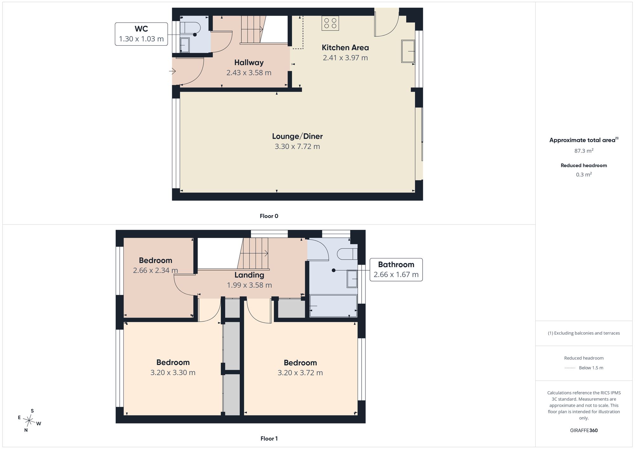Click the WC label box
tap(141, 34)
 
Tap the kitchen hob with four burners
tap(330, 23)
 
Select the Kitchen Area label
tap(345, 48)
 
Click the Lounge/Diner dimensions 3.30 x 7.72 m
tap(297, 147)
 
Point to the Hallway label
tap(249, 63)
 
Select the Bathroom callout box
tap(396, 270)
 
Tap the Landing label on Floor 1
tap(249, 275)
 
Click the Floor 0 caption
tap(269, 216)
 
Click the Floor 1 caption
tap(269, 439)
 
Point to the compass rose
tap(29, 421)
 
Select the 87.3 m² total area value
tap(584, 151)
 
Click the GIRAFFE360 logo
tap(584, 431)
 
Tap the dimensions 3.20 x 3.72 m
tap(300, 373)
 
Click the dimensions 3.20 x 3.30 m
tap(173, 373)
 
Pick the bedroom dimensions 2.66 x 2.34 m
tap(155, 271)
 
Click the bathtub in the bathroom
tap(333, 306)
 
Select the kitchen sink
tap(408, 51)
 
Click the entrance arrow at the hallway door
tap(172, 71)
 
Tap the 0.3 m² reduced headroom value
tap(584, 175)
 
